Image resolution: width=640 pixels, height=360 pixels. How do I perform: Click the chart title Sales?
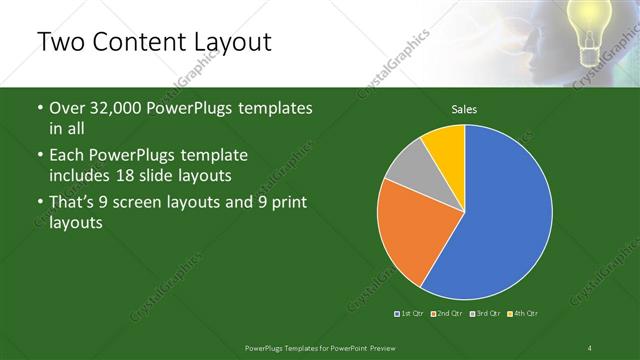[464, 108]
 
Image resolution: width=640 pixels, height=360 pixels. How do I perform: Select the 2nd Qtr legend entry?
[448, 314]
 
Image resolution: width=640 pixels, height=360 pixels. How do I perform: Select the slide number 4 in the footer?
[590, 347]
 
